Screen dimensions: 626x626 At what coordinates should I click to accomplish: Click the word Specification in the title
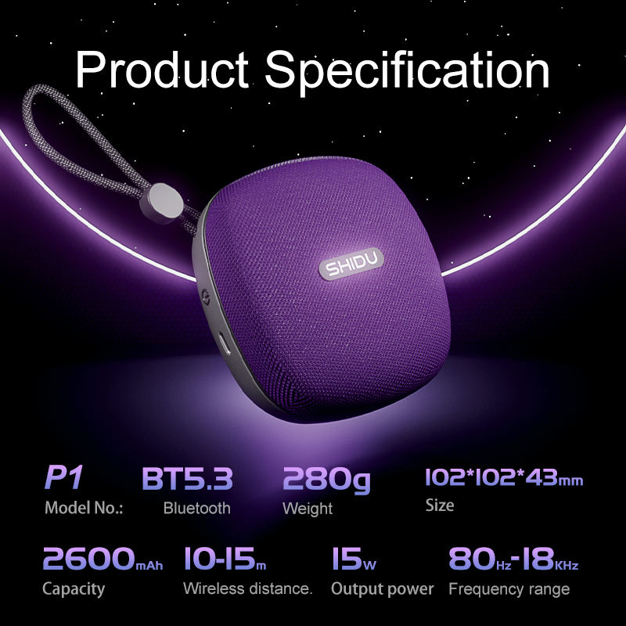pyautogui.click(x=408, y=71)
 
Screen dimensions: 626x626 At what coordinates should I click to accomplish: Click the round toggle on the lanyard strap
pyautogui.click(x=162, y=203)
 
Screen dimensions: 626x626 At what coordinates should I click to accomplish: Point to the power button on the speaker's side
pyautogui.click(x=206, y=297)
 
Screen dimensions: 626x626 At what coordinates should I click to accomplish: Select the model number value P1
pyautogui.click(x=64, y=477)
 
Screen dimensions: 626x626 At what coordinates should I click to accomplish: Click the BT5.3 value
pyautogui.click(x=187, y=478)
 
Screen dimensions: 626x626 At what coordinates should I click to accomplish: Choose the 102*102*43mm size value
pyautogui.click(x=504, y=477)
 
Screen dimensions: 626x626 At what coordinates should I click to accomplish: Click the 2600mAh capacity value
pyautogui.click(x=103, y=558)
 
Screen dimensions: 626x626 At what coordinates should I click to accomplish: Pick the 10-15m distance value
pyautogui.click(x=225, y=558)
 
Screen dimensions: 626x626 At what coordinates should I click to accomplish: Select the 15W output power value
pyautogui.click(x=354, y=559)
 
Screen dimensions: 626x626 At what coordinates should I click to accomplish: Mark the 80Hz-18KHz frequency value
pyautogui.click(x=513, y=559)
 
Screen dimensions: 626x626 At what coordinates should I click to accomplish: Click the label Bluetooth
pyautogui.click(x=197, y=508)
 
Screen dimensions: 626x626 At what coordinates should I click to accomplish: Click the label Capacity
pyautogui.click(x=74, y=590)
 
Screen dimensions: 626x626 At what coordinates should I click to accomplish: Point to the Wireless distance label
pyautogui.click(x=247, y=589)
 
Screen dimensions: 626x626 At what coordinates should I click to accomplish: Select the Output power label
pyautogui.click(x=383, y=590)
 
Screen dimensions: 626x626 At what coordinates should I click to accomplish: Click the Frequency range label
pyautogui.click(x=509, y=590)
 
